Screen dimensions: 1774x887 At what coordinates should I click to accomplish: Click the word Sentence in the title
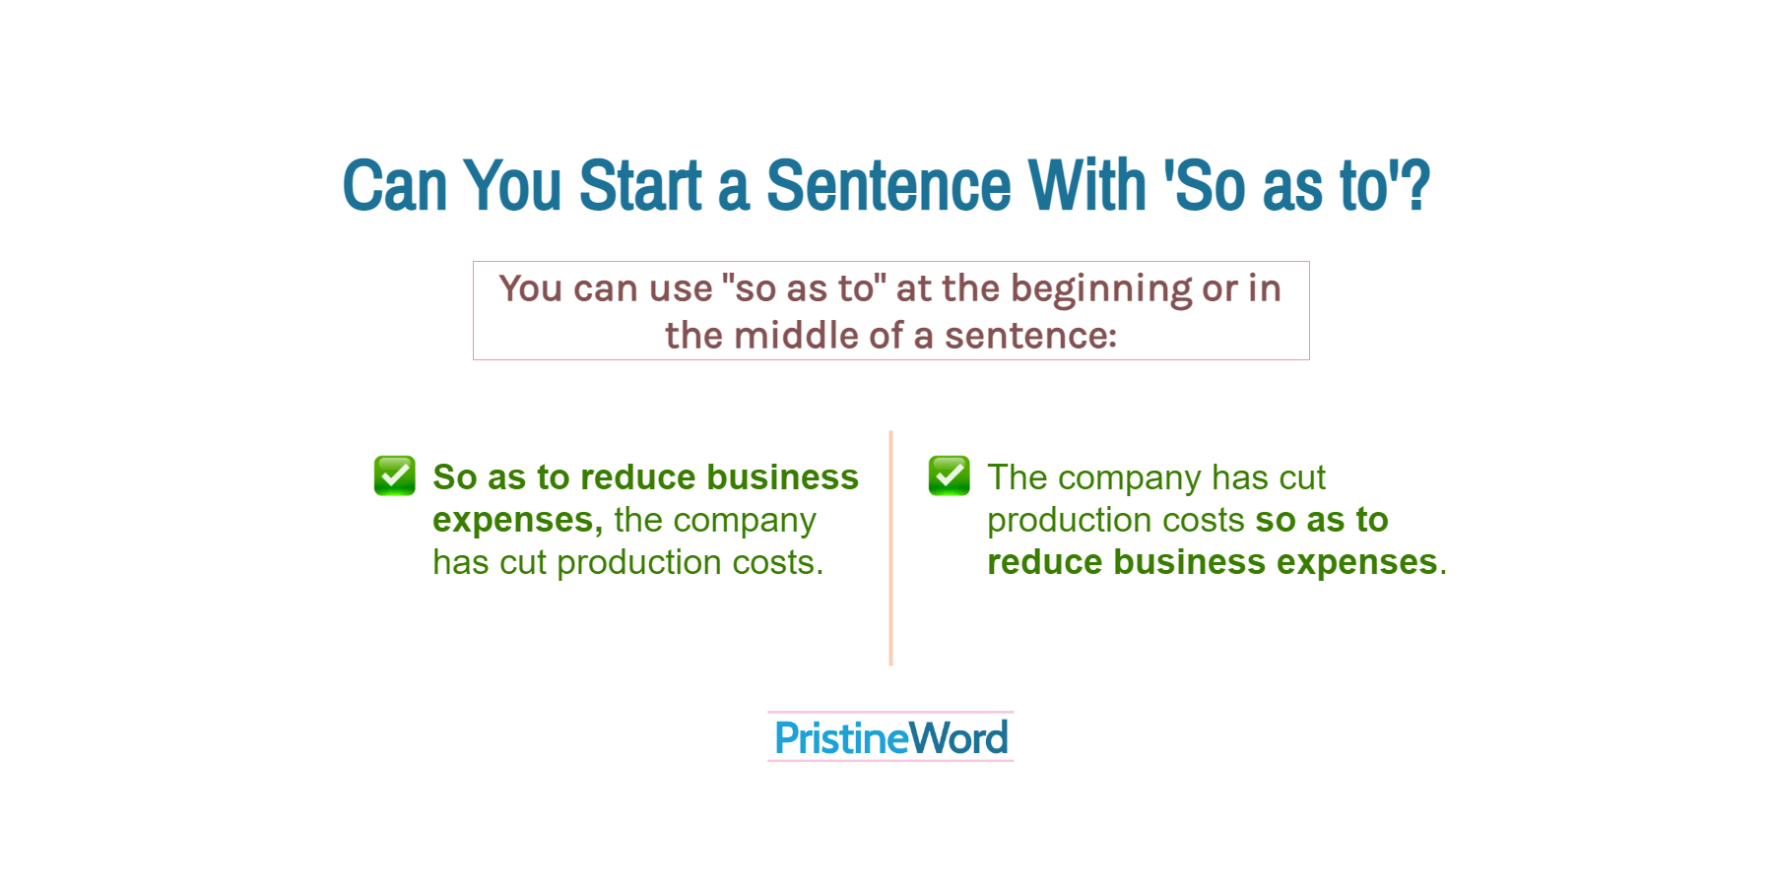[x=888, y=185]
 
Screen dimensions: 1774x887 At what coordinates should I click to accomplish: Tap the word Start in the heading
[x=640, y=185]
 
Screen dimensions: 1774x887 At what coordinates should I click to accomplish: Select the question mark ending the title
[x=1417, y=185]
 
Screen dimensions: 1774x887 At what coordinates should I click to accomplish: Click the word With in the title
[x=1087, y=185]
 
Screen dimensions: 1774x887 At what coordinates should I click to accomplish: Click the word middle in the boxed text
[x=796, y=336]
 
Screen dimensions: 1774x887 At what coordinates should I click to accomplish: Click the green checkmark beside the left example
[x=395, y=475]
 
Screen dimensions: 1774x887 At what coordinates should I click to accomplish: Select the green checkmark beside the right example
[x=950, y=475]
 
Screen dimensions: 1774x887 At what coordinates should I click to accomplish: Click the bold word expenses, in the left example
[x=518, y=520]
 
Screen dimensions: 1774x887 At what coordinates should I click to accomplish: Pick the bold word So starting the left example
[x=455, y=477]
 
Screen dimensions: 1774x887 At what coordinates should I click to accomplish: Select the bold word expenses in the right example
[x=1357, y=562]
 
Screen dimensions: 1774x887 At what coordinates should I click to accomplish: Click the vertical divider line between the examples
[x=890, y=548]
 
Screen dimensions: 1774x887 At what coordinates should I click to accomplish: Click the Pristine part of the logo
[x=840, y=738]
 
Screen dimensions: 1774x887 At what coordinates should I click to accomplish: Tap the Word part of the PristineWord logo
[x=958, y=738]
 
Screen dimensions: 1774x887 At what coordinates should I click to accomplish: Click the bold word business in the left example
[x=783, y=477]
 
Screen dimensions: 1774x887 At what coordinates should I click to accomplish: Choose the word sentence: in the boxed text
[x=1031, y=336]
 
